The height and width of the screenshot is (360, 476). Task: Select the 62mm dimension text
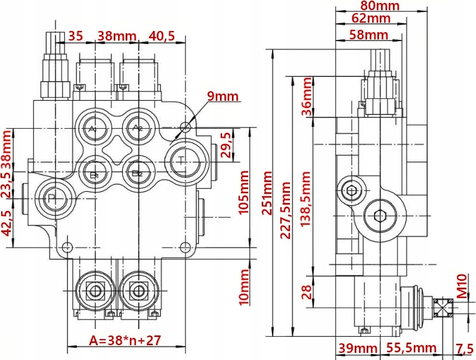pyautogui.click(x=371, y=19)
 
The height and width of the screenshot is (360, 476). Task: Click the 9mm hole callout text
pyautogui.click(x=222, y=97)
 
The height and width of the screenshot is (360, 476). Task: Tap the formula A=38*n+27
pyautogui.click(x=125, y=340)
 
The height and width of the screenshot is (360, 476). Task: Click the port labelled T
pyautogui.click(x=183, y=160)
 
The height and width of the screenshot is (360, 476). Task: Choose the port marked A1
pyautogui.click(x=92, y=128)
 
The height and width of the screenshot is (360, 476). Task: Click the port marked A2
pyautogui.click(x=137, y=128)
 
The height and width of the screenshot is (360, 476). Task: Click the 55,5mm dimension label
pyautogui.click(x=411, y=348)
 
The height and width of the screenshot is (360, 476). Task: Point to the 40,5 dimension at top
pyautogui.click(x=161, y=36)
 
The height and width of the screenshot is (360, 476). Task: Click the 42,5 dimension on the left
pyautogui.click(x=8, y=224)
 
